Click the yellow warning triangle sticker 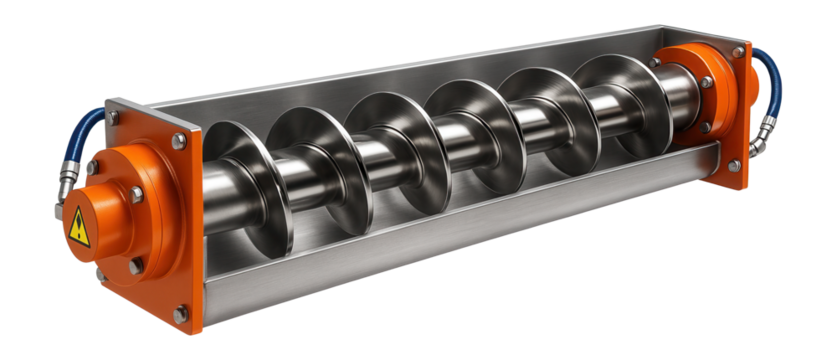pos(78,230)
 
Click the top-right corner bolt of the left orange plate pos(180,141)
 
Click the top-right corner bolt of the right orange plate pos(739,51)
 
